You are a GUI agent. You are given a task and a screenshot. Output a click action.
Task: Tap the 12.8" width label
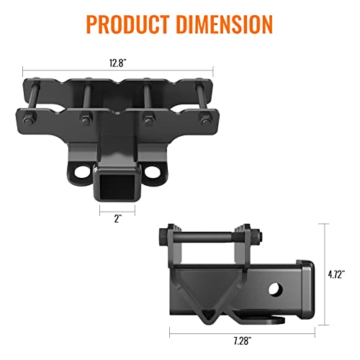118,63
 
